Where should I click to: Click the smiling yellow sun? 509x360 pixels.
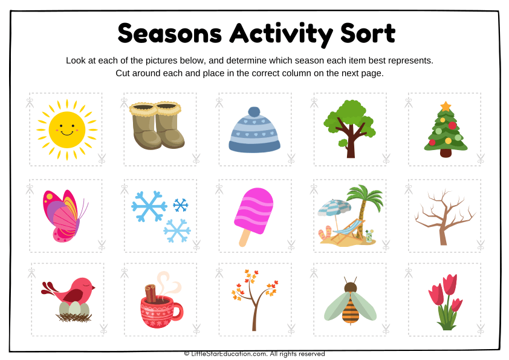click(66, 129)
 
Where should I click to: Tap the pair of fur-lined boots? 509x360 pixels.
click(157, 125)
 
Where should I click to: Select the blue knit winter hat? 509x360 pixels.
click(254, 131)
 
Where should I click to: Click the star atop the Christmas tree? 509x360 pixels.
click(446, 106)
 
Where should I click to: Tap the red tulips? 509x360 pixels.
click(445, 299)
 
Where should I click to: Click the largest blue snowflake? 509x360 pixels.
click(149, 206)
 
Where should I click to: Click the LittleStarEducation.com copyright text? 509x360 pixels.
click(254, 354)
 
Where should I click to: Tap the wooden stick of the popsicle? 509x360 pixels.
click(245, 238)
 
